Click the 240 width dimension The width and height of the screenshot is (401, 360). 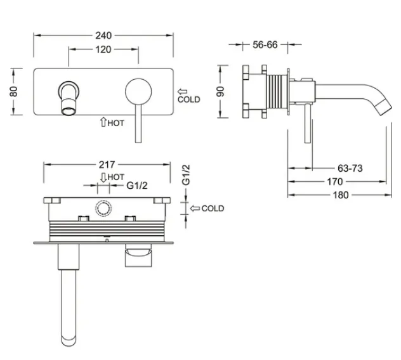click(x=103, y=35)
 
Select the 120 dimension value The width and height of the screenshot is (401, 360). click(x=103, y=49)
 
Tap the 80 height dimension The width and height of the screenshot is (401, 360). click(x=14, y=91)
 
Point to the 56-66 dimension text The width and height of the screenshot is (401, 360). click(x=265, y=45)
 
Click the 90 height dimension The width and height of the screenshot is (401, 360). click(x=220, y=91)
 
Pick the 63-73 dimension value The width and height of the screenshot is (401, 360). click(x=350, y=168)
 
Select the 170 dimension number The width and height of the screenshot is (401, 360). click(x=335, y=182)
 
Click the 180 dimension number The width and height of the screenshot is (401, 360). click(x=341, y=195)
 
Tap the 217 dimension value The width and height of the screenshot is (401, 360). click(x=107, y=165)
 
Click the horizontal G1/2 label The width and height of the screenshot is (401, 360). click(x=137, y=186)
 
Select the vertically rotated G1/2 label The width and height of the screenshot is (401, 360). click(x=186, y=175)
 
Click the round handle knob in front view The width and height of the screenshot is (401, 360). click(x=138, y=92)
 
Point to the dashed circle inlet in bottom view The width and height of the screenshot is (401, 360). click(x=103, y=208)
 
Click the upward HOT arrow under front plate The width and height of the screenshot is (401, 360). click(x=103, y=122)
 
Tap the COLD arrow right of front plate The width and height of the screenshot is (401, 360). click(x=183, y=91)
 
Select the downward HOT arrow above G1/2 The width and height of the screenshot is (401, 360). click(x=103, y=177)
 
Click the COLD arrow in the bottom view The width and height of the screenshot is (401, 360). click(x=195, y=209)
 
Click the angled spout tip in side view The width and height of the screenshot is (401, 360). click(x=383, y=108)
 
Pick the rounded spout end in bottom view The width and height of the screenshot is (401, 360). click(x=69, y=341)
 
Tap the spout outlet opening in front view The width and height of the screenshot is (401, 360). click(x=69, y=112)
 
